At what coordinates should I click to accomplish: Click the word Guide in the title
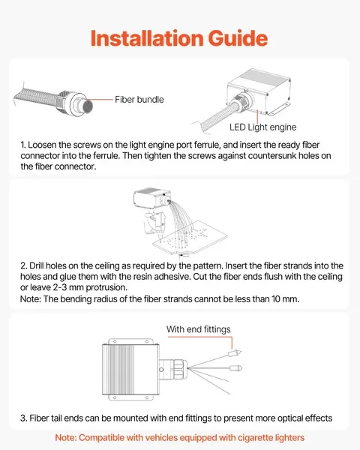(238, 38)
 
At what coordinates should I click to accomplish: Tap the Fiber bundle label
(139, 100)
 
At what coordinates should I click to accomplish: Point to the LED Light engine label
(262, 127)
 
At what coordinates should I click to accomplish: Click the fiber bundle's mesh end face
(88, 106)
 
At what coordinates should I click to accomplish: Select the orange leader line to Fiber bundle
(100, 100)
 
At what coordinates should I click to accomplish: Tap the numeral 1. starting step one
(23, 145)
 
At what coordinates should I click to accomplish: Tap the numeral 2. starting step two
(23, 265)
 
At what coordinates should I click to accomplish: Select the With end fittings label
(198, 329)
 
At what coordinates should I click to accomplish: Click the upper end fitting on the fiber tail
(234, 352)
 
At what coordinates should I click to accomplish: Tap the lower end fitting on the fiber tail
(235, 368)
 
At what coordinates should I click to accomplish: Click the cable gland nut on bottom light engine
(178, 369)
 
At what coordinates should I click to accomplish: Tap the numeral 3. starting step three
(23, 418)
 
